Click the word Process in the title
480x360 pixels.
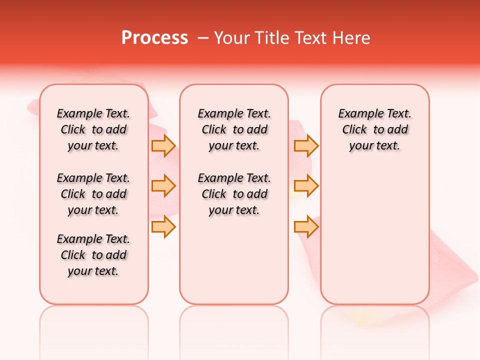pos(154,37)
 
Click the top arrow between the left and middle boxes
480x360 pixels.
pos(163,145)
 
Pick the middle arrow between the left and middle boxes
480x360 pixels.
pos(163,186)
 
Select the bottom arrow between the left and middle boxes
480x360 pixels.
pos(163,227)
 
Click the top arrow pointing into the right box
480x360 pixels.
pos(306,145)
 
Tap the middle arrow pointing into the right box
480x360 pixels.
pos(306,186)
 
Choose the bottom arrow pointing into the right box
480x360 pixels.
pos(306,227)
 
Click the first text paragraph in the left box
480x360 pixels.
pos(93,129)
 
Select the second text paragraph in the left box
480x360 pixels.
pos(93,194)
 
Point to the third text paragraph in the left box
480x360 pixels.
pos(93,255)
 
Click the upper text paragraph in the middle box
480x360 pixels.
pos(234,129)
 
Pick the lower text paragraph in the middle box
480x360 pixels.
pos(234,194)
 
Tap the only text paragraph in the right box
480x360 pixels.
pos(374,129)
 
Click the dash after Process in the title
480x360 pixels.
pos(203,38)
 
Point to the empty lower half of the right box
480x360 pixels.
pos(374,240)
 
